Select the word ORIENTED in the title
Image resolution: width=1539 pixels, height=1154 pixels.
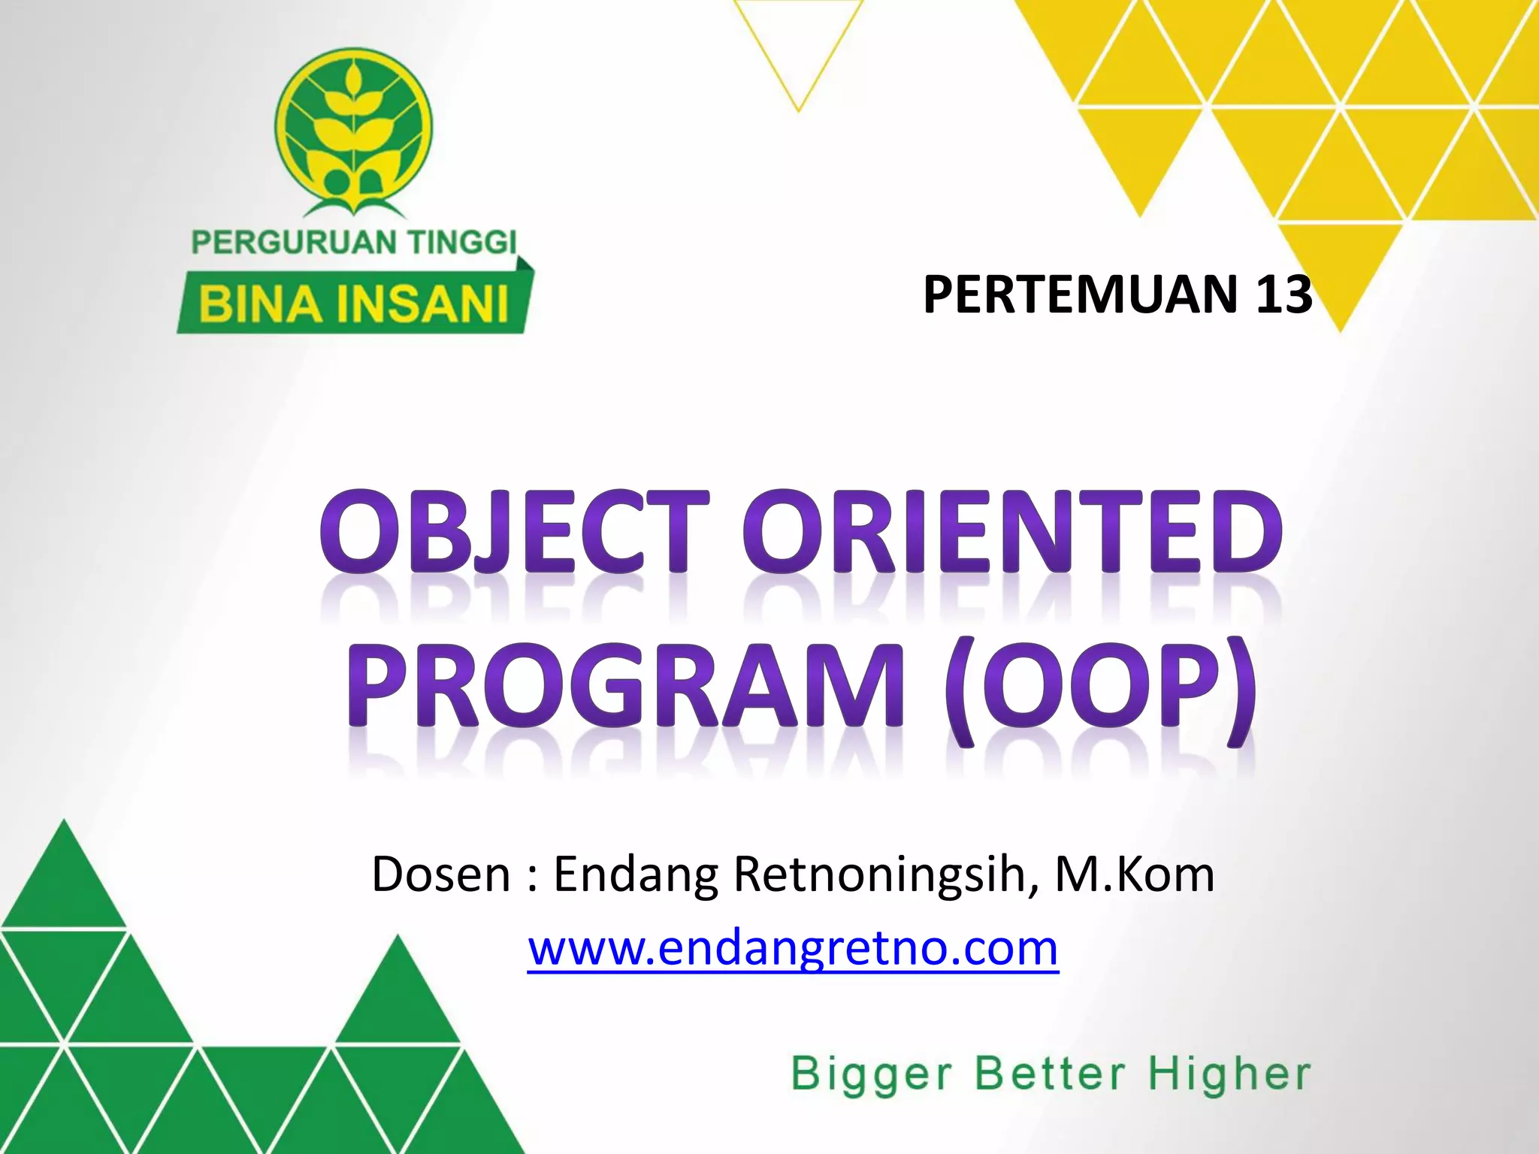tap(1012, 532)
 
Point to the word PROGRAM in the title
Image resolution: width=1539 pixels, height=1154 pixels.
tap(625, 685)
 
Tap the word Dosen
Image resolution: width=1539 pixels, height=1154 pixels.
tap(441, 875)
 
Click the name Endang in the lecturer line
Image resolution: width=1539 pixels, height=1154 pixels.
tap(636, 876)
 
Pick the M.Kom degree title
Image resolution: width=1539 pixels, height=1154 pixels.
tap(1135, 875)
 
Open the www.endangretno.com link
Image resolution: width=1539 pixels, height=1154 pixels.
tap(793, 948)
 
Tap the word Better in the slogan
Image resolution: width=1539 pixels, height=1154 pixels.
tap(1050, 1074)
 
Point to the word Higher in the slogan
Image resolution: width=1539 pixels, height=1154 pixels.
tap(1229, 1074)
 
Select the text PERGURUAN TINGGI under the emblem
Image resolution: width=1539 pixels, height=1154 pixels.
tap(354, 243)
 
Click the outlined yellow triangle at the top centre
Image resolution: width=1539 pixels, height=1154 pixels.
tap(798, 45)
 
